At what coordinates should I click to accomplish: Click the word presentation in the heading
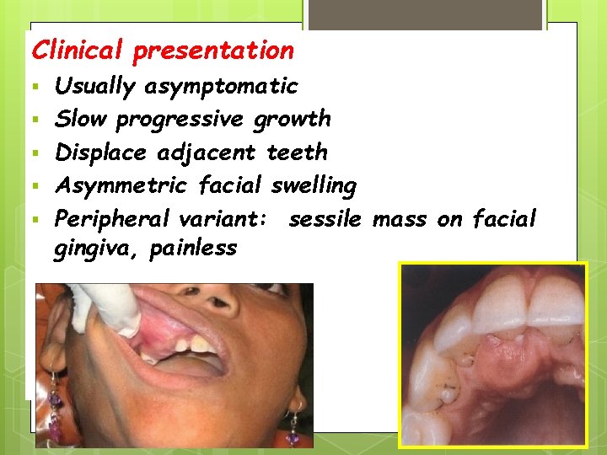[x=213, y=51]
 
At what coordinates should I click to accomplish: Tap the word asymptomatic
[x=221, y=86]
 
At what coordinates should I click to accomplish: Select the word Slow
[x=82, y=119]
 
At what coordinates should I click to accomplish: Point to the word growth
[x=292, y=120]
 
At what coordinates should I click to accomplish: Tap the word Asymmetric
[x=121, y=185]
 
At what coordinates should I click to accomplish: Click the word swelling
[x=314, y=186]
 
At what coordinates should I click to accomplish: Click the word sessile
[x=325, y=220]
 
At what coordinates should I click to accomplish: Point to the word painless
[x=193, y=249]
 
